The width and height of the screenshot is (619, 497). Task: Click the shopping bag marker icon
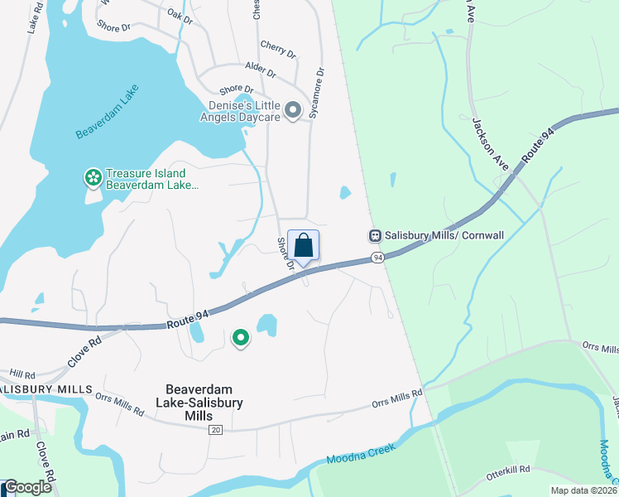(303, 245)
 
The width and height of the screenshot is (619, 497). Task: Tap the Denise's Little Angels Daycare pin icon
(292, 110)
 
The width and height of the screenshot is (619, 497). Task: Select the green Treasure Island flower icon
(93, 177)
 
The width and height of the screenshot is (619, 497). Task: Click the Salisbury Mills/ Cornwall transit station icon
(376, 235)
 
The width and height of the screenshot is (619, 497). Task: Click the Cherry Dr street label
(277, 48)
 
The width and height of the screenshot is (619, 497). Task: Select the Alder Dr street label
(259, 70)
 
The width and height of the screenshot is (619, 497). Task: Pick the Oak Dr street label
(180, 14)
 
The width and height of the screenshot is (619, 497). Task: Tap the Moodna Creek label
(362, 452)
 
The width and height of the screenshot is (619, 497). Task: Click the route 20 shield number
(216, 430)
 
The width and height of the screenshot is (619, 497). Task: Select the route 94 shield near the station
(377, 258)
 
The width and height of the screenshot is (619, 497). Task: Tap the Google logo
(28, 488)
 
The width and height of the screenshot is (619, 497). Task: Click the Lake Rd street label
(34, 17)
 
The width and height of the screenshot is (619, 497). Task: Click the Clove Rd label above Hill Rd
(84, 350)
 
